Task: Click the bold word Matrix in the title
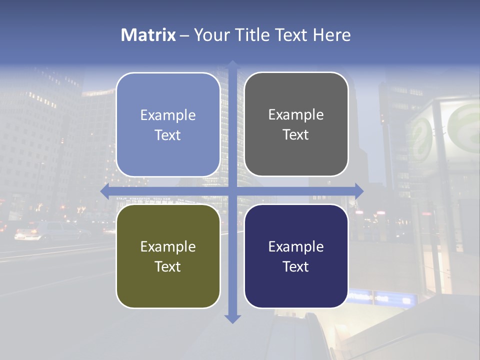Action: tap(148, 35)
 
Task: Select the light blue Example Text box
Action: tap(168, 125)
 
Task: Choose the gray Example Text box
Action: tap(296, 124)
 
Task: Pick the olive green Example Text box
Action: tap(168, 256)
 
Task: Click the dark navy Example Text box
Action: tap(296, 256)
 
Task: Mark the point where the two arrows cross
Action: tap(232, 191)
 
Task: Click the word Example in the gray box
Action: tap(296, 114)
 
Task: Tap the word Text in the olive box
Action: tap(168, 266)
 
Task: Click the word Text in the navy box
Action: tap(296, 266)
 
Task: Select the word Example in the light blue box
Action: tap(168, 115)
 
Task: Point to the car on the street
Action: tap(50, 231)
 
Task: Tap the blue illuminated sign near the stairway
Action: tap(382, 298)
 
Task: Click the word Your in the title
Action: tap(210, 35)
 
